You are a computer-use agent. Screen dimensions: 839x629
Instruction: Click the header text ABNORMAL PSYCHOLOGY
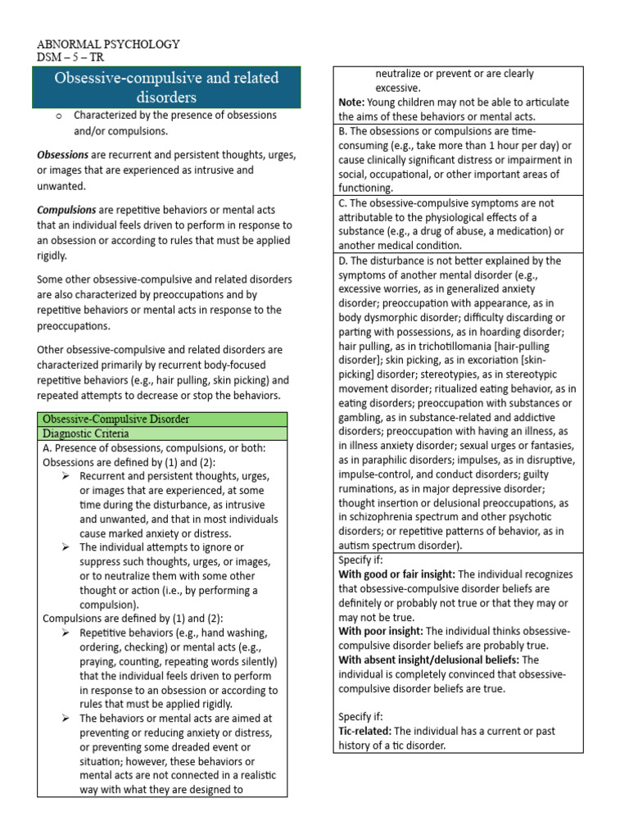pyautogui.click(x=110, y=43)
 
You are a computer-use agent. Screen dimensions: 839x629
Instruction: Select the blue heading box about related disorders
pyautogui.click(x=166, y=88)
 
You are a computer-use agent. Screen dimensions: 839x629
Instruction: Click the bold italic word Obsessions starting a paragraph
pyautogui.click(x=63, y=155)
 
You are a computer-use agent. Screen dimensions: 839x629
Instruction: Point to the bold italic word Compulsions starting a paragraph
pyautogui.click(x=66, y=210)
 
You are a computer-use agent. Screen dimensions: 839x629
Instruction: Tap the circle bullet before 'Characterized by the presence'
pyautogui.click(x=59, y=116)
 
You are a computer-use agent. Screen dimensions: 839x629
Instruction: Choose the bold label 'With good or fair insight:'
pyautogui.click(x=400, y=574)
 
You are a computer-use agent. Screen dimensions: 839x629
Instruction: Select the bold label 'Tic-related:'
pyautogui.click(x=367, y=731)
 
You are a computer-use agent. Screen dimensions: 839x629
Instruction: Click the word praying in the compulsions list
pyautogui.click(x=99, y=662)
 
